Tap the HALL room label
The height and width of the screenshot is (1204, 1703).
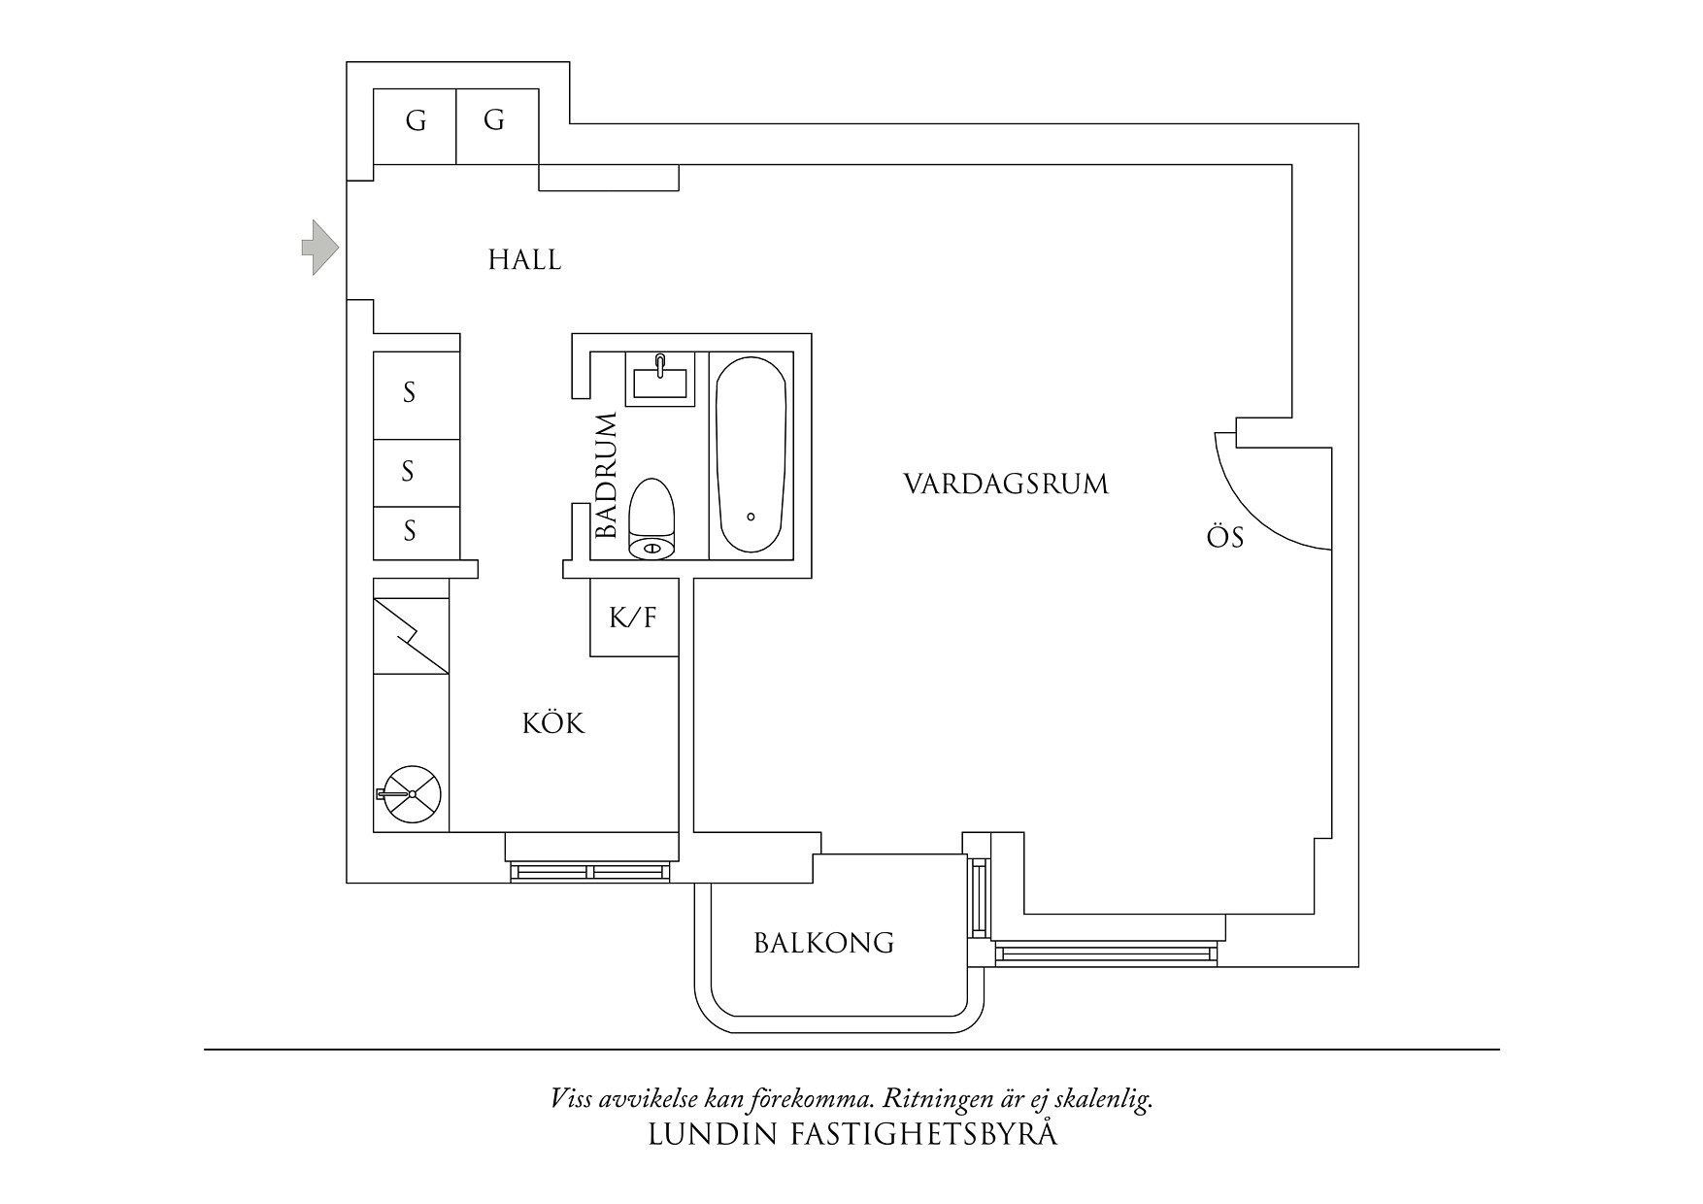(x=524, y=260)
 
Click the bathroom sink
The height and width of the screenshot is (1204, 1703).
(x=660, y=379)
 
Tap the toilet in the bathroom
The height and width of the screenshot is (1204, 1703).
(x=651, y=519)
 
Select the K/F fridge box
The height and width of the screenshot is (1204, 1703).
(x=634, y=618)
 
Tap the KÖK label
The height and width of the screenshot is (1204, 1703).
(x=553, y=724)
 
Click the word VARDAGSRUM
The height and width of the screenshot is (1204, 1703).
(x=1006, y=485)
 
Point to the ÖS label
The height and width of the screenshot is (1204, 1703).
(x=1224, y=538)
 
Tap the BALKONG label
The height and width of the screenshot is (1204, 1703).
(x=823, y=943)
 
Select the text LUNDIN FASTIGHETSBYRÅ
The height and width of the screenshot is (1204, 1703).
(x=851, y=1135)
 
